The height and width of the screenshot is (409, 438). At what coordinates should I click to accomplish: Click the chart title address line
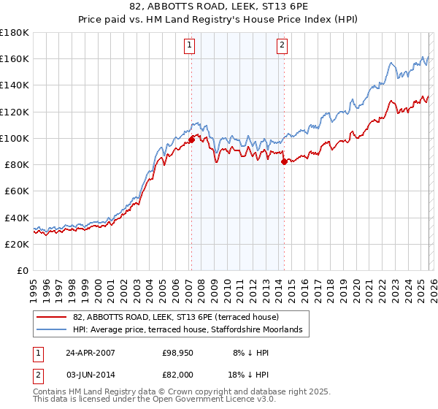click(219, 7)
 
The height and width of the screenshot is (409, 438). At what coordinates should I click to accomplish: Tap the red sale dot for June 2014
click(284, 161)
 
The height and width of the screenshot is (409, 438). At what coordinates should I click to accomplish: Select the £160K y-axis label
click(15, 58)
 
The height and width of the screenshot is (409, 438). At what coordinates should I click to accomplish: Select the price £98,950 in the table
click(178, 353)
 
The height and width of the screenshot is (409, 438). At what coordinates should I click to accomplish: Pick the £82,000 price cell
click(178, 375)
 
